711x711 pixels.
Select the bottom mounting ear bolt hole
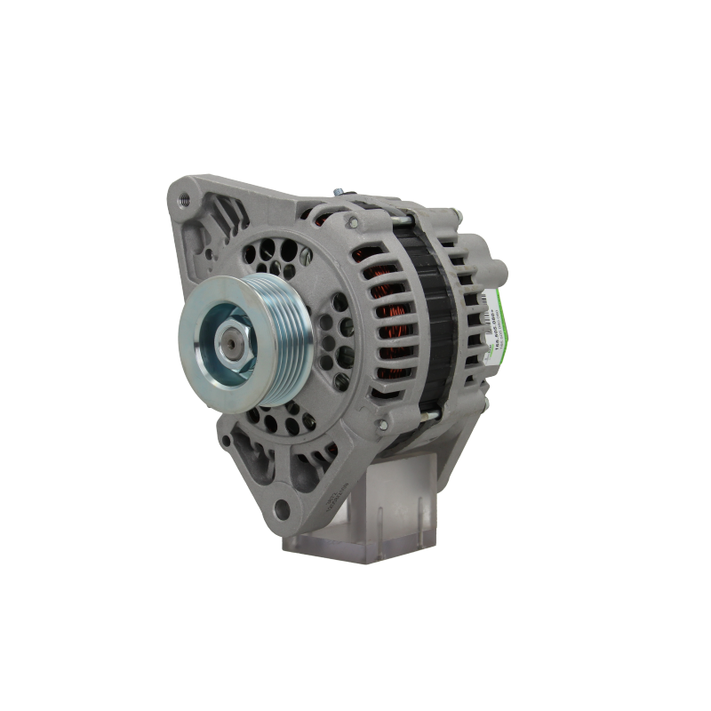click(x=282, y=508)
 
